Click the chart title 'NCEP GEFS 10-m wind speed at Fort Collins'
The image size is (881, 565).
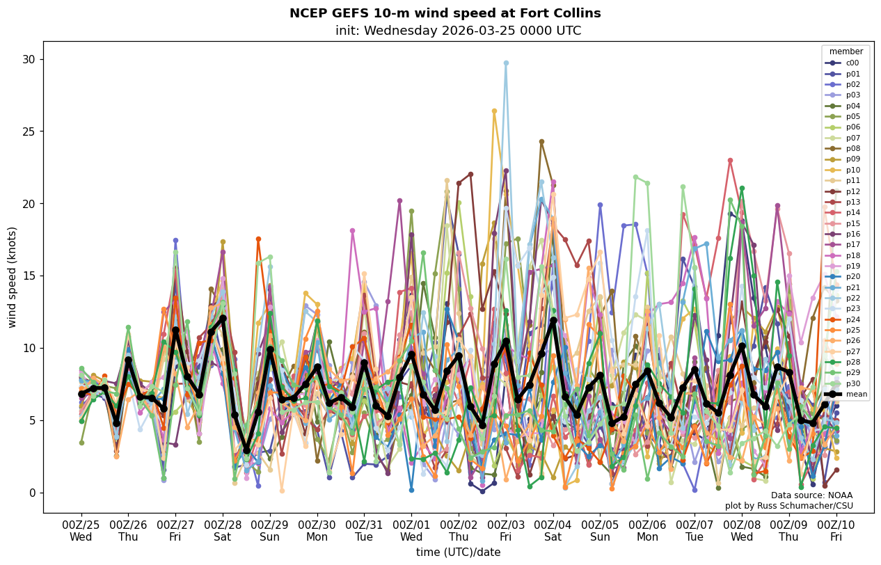coord(445,13)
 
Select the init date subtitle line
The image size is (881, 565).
coord(458,31)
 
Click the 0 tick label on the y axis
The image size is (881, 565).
coord(32,493)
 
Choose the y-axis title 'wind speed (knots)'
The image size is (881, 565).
coord(13,277)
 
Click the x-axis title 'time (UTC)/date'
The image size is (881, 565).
coord(458,552)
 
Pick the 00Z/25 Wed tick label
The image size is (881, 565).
coord(81,530)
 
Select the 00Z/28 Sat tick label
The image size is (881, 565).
coord(223,530)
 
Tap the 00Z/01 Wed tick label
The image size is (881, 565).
coord(411,530)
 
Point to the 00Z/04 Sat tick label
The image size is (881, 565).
coord(553,530)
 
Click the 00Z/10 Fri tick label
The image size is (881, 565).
coord(836,530)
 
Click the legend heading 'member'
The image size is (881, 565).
coord(846,51)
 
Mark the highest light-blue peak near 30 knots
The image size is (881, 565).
coord(506,63)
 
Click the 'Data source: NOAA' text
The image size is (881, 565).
coord(811,495)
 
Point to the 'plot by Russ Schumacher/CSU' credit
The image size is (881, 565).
coord(788,506)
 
